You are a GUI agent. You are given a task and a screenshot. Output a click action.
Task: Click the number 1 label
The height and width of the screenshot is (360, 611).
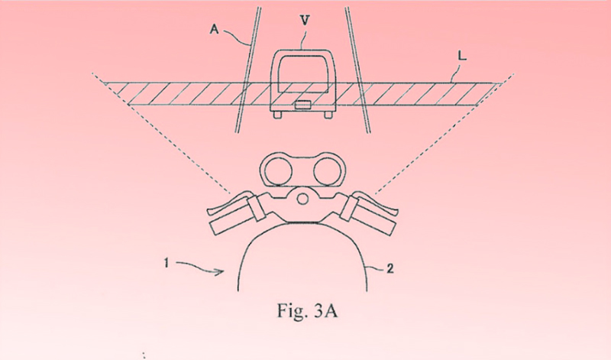pyautogui.click(x=166, y=264)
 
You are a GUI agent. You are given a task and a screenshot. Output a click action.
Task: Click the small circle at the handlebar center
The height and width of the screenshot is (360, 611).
pyautogui.click(x=303, y=200)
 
